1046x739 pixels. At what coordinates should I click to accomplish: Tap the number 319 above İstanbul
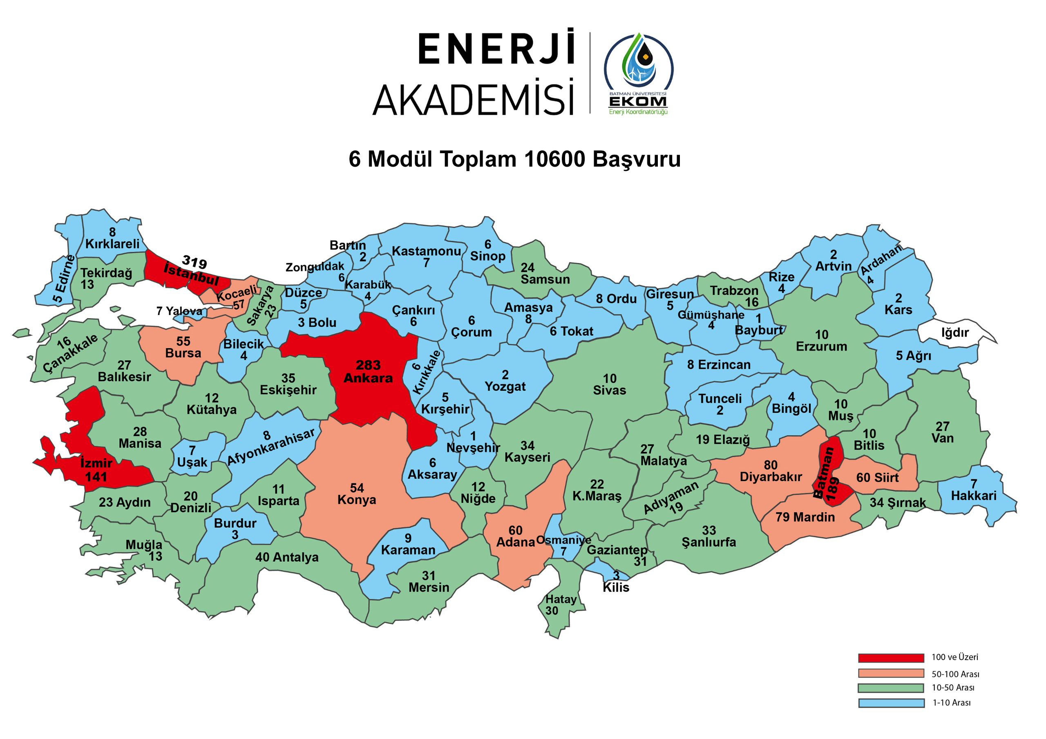coord(194,262)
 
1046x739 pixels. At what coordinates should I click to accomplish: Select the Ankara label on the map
coord(368,378)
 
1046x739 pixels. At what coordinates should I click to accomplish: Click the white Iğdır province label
coord(955,333)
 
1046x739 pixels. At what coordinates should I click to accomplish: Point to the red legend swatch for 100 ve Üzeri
coord(891,658)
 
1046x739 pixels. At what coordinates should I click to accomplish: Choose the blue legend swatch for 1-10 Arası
coord(891,703)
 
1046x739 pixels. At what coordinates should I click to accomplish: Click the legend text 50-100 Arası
coord(955,674)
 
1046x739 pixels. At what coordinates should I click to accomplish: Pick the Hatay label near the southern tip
coord(561,600)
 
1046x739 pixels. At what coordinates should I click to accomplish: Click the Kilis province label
coord(616,587)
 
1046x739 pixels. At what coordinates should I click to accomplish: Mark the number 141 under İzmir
coord(96,477)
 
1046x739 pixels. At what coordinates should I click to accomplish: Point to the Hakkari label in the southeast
coord(974,496)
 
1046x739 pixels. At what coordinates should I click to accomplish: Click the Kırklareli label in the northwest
coord(112,244)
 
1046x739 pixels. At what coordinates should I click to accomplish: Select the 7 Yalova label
coord(179,311)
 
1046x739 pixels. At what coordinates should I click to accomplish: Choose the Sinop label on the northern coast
coord(487,256)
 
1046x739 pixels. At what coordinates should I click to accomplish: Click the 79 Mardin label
coord(805,517)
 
